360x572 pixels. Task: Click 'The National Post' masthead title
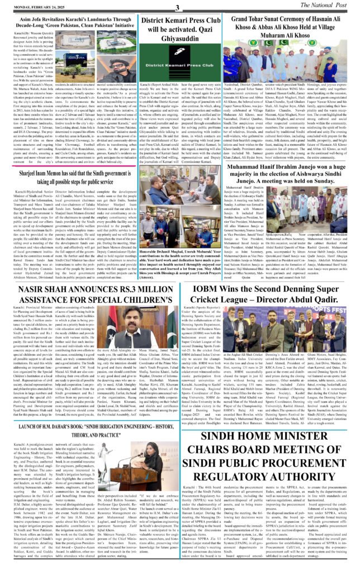[x=330, y=6]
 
